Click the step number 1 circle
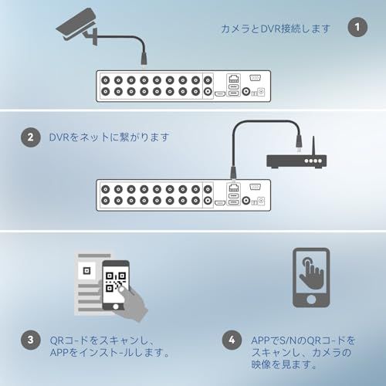357,27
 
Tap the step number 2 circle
31,137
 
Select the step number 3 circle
31,340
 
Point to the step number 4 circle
232,340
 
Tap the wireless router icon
296,157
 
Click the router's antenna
313,146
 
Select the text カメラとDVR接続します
276,29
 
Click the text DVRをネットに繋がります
109,137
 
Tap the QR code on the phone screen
116,282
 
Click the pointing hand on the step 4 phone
311,273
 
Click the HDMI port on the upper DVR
220,93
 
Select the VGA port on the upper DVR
255,77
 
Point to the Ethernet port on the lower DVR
234,188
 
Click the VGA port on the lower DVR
255,187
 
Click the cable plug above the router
299,143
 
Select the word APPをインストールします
110,353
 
